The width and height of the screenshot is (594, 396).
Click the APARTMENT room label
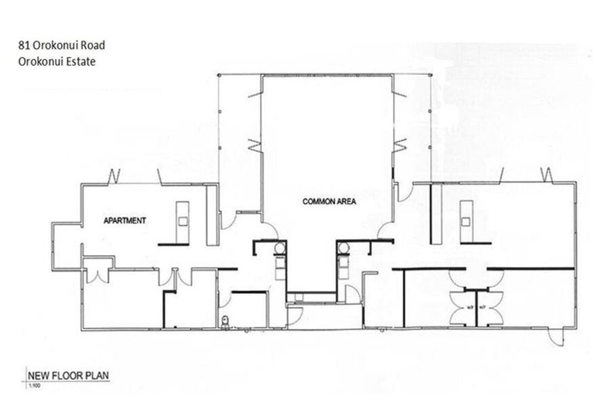[125, 221]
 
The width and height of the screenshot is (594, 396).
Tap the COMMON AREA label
[329, 201]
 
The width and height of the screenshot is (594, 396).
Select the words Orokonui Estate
[53, 62]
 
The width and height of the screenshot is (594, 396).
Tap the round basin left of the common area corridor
[279, 249]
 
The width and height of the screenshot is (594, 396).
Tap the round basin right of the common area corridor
[344, 249]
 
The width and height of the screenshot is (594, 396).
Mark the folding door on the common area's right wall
[400, 144]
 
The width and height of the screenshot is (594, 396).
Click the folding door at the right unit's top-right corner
[549, 175]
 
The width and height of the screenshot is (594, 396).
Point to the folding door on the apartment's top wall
[114, 176]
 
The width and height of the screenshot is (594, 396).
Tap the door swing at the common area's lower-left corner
[271, 229]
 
